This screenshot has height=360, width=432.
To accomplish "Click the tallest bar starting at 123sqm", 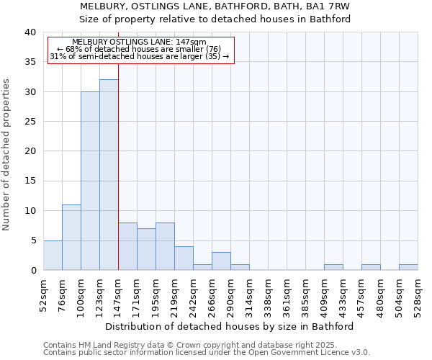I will click(x=109, y=175).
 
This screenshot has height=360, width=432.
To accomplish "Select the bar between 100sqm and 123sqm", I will click(x=90, y=181).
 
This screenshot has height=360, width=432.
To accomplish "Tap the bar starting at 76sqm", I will click(x=71, y=238).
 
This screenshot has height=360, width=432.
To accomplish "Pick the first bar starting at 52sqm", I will click(x=53, y=255).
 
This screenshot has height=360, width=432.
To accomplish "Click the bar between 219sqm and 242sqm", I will click(x=184, y=258).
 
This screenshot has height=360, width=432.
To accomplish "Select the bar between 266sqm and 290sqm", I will click(x=221, y=261).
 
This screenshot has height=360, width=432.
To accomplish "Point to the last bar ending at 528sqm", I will click(x=408, y=267).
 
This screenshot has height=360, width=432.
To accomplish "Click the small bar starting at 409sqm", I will click(x=333, y=267).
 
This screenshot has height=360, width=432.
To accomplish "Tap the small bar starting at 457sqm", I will click(x=371, y=267).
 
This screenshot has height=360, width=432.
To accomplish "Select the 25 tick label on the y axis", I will click(x=30, y=122).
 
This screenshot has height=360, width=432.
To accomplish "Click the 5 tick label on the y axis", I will click(x=33, y=240).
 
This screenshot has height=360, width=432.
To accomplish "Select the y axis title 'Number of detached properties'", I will click(x=6, y=151).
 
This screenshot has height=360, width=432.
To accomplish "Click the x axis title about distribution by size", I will click(x=230, y=326).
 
